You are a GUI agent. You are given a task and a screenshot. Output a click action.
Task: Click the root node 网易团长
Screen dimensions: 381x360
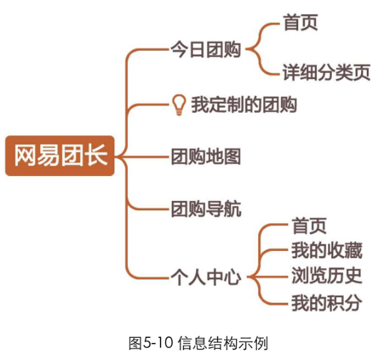tap(60, 155)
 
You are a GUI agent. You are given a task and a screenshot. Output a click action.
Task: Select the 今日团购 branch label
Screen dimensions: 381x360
tap(205, 49)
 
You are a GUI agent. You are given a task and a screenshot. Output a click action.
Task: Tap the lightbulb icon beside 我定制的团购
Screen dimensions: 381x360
tap(179, 105)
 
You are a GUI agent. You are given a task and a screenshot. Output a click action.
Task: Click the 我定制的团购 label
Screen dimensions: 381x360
tap(244, 105)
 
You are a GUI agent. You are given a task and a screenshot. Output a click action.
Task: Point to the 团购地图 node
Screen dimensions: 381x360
tap(206, 157)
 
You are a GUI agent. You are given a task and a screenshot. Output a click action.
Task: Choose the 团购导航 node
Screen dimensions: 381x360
tap(206, 209)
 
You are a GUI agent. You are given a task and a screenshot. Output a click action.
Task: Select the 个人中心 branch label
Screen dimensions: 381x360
tap(206, 277)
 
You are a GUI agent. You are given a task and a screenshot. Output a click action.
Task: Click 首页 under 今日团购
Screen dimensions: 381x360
tap(301, 23)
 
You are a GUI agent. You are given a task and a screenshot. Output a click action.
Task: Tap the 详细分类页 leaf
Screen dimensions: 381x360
tap(327, 72)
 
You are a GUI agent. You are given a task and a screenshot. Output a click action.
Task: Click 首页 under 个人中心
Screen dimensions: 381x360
tap(309, 226)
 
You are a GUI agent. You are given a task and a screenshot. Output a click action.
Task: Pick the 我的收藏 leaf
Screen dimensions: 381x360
tap(327, 251)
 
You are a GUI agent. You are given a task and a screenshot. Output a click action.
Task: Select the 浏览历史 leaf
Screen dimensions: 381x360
tap(327, 276)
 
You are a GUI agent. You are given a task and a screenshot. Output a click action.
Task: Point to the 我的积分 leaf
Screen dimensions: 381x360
tap(327, 303)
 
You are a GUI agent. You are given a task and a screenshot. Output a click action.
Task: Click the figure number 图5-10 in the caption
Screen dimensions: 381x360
tap(151, 342)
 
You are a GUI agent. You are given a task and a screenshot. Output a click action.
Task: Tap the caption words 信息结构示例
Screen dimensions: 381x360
tap(223, 342)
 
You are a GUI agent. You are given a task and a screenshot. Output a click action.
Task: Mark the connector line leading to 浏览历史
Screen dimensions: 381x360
tap(268, 277)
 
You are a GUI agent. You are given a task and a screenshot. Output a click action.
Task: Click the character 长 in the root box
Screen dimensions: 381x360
tap(98, 155)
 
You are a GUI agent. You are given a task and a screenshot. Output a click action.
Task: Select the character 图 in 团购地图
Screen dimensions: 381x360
tap(233, 157)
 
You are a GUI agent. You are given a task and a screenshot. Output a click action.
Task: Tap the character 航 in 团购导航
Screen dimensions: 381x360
tap(233, 209)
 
